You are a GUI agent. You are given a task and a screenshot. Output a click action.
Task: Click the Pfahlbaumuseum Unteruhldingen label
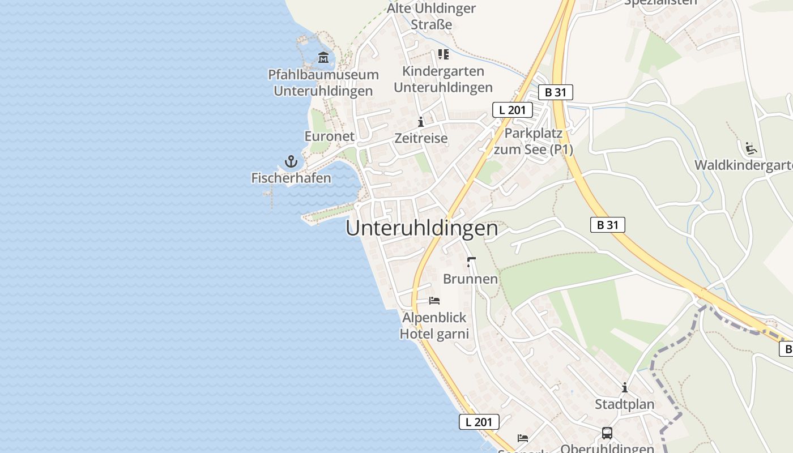pyautogui.click(x=323, y=83)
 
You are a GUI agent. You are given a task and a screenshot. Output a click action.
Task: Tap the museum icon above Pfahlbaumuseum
pyautogui.click(x=323, y=57)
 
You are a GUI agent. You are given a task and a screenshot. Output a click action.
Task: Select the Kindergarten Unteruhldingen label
pyautogui.click(x=443, y=79)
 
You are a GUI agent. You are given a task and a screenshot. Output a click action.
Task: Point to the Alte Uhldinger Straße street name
pyautogui.click(x=432, y=16)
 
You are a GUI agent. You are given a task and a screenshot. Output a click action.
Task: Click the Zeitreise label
pyautogui.click(x=421, y=138)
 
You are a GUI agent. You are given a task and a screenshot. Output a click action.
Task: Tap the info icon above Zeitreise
pyautogui.click(x=421, y=122)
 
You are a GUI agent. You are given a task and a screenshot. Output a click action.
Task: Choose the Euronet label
pyautogui.click(x=330, y=136)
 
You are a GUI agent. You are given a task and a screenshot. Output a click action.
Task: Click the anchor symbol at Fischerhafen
pyautogui.click(x=291, y=161)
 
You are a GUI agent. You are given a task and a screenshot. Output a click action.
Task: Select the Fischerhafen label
pyautogui.click(x=291, y=178)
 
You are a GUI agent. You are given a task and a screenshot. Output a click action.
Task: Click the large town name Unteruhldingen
pyautogui.click(x=422, y=228)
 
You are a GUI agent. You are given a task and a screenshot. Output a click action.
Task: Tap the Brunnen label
pyautogui.click(x=470, y=279)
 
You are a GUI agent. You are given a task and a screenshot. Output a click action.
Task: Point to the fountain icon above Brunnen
pyautogui.click(x=470, y=262)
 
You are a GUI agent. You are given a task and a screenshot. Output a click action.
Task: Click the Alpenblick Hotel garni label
pyautogui.click(x=434, y=326)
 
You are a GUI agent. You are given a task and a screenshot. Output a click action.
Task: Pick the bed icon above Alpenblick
pyautogui.click(x=434, y=300)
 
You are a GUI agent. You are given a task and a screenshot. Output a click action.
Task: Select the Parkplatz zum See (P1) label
pyautogui.click(x=534, y=142)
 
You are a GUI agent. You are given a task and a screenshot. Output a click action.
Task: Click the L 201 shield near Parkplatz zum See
pyautogui.click(x=512, y=110)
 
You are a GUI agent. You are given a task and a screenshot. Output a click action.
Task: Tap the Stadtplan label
pyautogui.click(x=624, y=404)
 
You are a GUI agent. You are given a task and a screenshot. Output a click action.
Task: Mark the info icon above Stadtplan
pyautogui.click(x=625, y=388)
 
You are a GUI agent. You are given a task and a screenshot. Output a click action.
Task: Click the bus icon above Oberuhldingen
pyautogui.click(x=607, y=433)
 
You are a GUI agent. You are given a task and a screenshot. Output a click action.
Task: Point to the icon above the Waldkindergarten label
pyautogui.click(x=751, y=148)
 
